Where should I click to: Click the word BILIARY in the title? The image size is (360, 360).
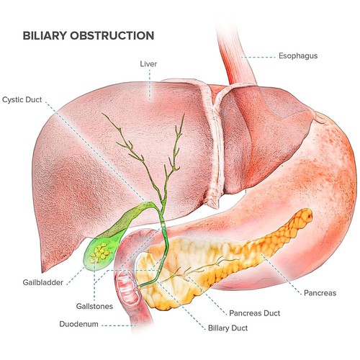[45, 35]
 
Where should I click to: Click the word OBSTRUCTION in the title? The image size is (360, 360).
[112, 35]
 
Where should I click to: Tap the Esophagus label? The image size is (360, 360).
[298, 56]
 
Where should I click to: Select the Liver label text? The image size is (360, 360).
[148, 64]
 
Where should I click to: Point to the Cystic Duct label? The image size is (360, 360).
[22, 99]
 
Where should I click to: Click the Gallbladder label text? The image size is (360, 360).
[43, 282]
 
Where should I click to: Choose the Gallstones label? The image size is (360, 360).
[94, 306]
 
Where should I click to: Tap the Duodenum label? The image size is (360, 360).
[78, 324]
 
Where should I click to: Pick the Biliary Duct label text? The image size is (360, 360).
[228, 328]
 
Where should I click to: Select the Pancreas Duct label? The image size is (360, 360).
[255, 313]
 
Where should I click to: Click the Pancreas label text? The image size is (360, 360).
[320, 293]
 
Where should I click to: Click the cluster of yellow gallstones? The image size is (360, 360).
[99, 253]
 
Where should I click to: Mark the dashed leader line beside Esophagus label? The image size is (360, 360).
[258, 58]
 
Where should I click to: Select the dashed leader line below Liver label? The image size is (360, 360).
[150, 84]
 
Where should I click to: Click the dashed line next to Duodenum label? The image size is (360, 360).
[119, 325]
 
